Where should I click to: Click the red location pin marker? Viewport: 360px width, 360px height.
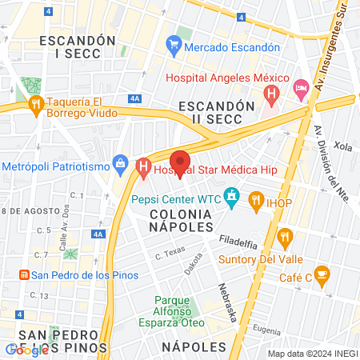tap(180, 162)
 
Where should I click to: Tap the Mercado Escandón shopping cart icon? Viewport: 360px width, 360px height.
tap(173, 47)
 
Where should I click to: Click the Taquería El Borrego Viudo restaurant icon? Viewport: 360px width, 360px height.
tap(35, 105)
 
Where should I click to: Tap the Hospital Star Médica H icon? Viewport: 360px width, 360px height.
tap(143, 169)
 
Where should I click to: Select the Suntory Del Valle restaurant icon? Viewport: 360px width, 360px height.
tap(286, 236)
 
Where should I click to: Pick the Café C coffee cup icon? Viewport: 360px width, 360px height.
tap(322, 274)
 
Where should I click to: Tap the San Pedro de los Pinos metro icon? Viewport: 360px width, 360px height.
tap(24, 274)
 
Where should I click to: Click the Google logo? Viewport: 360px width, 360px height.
tap(26, 350)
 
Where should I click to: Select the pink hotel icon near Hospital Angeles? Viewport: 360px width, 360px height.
tap(301, 87)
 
